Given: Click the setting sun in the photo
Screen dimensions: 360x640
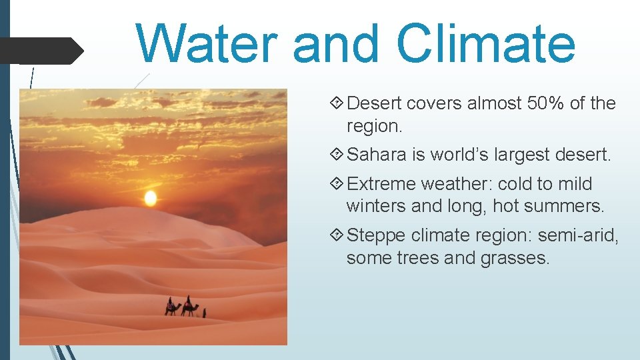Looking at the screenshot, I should point(151,198).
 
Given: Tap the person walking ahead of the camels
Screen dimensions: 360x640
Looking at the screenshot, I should point(205,311).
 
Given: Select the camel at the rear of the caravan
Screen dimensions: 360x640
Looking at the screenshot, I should point(172,307).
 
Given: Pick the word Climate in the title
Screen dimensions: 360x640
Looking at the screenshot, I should point(485,43).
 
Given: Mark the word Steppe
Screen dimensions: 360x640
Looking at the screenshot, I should point(377,235).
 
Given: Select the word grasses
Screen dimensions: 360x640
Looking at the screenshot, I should point(515,258).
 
